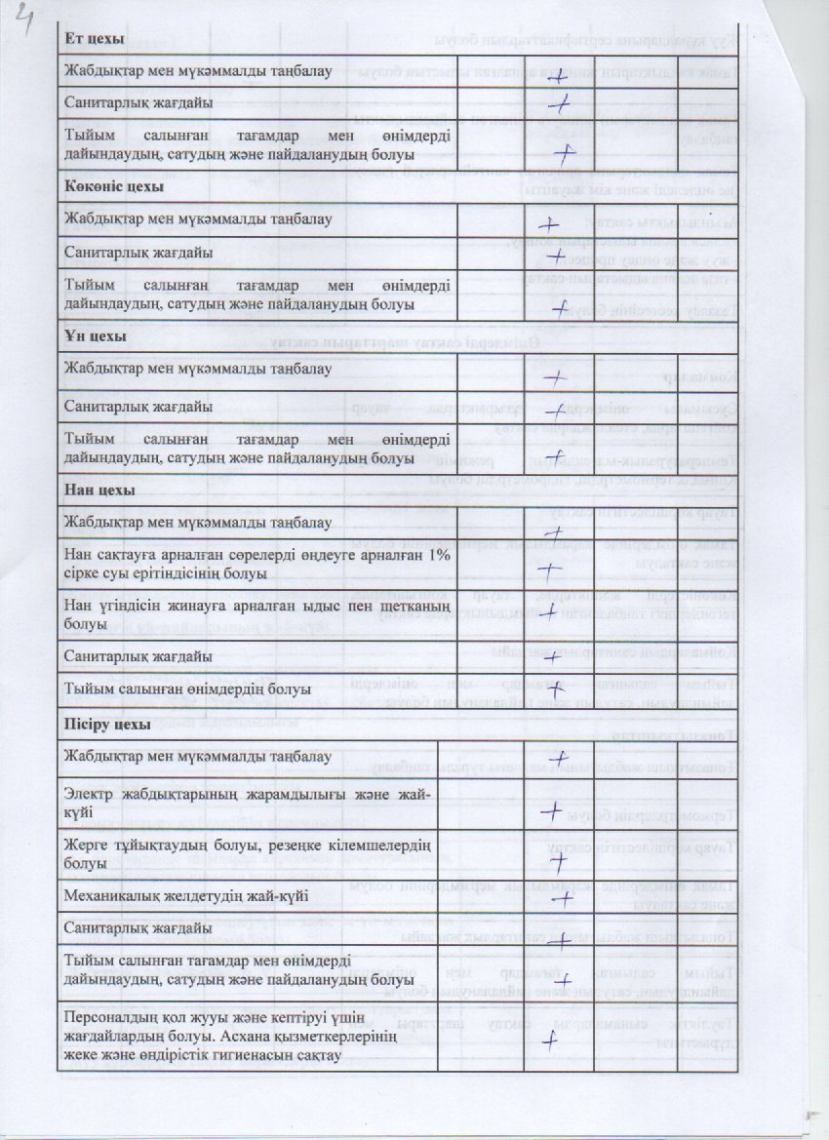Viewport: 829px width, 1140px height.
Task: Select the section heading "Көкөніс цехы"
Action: coord(114,186)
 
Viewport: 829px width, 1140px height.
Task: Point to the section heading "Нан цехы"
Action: coord(99,490)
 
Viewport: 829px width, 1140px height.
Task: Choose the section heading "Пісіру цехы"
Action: coord(108,726)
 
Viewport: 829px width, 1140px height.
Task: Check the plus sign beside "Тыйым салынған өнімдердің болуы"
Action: coord(556,690)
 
